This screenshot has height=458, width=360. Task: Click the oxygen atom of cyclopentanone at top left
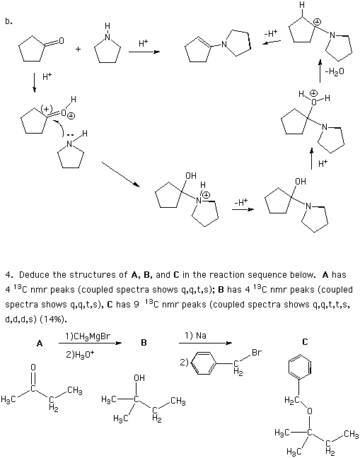[x=61, y=40]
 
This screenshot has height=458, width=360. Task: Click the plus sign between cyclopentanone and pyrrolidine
[x=78, y=49]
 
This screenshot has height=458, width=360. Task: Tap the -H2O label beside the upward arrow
[x=335, y=71]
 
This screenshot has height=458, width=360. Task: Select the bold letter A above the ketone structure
[x=40, y=343]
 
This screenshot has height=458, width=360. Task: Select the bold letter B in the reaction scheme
[x=144, y=342]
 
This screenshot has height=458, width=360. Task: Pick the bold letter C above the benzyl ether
[x=305, y=341]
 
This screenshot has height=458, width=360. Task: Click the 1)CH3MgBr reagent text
[x=88, y=336]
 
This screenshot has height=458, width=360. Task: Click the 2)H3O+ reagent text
[x=80, y=354]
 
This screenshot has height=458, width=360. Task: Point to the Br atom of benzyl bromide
[x=256, y=353]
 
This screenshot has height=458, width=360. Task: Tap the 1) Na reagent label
[x=195, y=336]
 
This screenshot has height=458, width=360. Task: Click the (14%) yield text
[x=53, y=319]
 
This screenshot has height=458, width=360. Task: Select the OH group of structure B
[x=139, y=378]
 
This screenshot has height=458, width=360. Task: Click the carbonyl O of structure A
[x=33, y=368]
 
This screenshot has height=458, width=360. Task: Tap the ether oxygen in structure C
[x=310, y=411]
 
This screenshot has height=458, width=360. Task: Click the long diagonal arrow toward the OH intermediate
[x=120, y=174]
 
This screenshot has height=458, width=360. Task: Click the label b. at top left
[x=8, y=21]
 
